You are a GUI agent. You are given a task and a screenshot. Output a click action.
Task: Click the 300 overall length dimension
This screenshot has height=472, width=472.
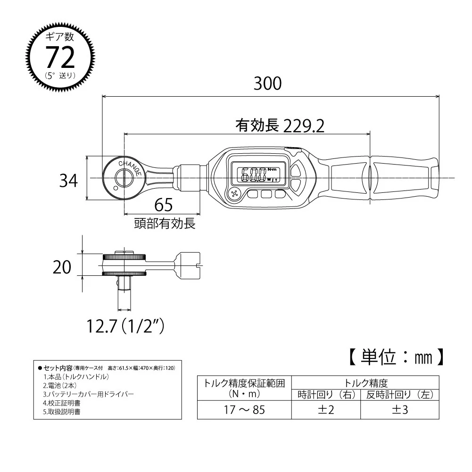[268, 83]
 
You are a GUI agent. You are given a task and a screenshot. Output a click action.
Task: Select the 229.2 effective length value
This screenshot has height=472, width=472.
[304, 126]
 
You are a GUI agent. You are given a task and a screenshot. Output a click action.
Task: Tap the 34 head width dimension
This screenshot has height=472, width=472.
[68, 181]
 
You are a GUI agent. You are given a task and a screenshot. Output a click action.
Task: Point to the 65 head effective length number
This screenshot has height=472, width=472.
[164, 205]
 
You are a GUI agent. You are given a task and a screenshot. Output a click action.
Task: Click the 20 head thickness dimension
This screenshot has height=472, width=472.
[62, 267]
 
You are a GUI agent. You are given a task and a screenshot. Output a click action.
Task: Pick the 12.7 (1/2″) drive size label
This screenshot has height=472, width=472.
[125, 326]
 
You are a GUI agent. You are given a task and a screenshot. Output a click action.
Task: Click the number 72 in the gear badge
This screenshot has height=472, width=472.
[60, 58]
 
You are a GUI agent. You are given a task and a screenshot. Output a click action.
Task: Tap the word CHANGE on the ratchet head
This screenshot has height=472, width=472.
[130, 167]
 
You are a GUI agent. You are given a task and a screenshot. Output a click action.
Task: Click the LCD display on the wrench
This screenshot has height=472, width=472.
[258, 175]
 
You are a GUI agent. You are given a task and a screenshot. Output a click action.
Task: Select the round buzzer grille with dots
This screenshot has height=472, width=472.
[235, 193]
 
